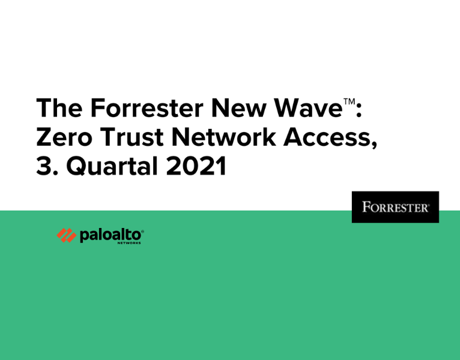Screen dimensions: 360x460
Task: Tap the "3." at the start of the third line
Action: tap(46, 167)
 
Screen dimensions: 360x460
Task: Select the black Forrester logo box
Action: tap(395, 207)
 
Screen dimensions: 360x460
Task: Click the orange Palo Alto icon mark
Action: tap(66, 235)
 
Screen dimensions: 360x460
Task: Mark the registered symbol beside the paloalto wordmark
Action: tap(143, 230)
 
